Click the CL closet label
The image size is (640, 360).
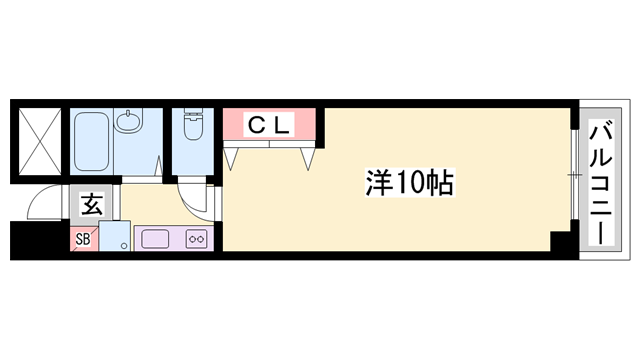pyautogui.click(x=269, y=125)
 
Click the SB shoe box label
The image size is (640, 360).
pyautogui.click(x=84, y=240)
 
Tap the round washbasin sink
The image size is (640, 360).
pyautogui.click(x=129, y=123)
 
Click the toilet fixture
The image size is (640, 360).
pyautogui.click(x=193, y=127)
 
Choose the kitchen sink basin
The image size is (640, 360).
pyautogui.click(x=155, y=239)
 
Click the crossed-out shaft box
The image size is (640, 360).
pyautogui.click(x=38, y=140)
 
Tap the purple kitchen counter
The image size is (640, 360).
pyautogui.click(x=171, y=239)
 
